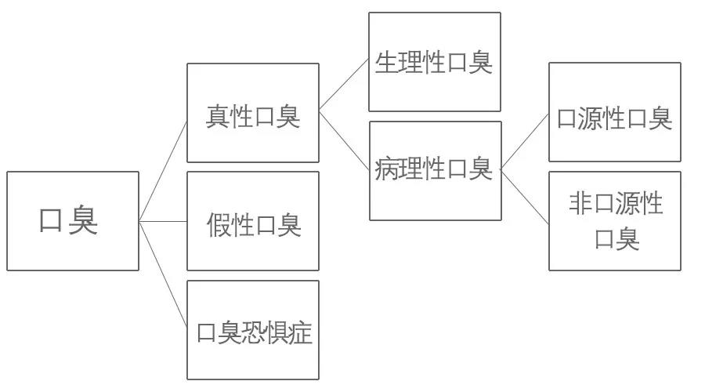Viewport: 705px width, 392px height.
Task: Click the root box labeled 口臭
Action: click(72, 221)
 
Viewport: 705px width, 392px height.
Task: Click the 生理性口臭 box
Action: click(434, 62)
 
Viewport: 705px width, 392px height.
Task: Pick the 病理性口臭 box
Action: click(435, 170)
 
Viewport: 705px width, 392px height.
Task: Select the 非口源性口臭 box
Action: click(614, 221)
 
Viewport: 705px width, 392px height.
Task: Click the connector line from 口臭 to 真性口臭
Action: click(163, 170)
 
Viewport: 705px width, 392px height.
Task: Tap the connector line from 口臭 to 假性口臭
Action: click(163, 221)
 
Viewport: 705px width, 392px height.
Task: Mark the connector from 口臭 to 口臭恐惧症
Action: click(163, 274)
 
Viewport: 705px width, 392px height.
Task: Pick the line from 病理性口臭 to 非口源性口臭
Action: click(525, 196)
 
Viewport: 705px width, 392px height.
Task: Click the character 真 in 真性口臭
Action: click(217, 118)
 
